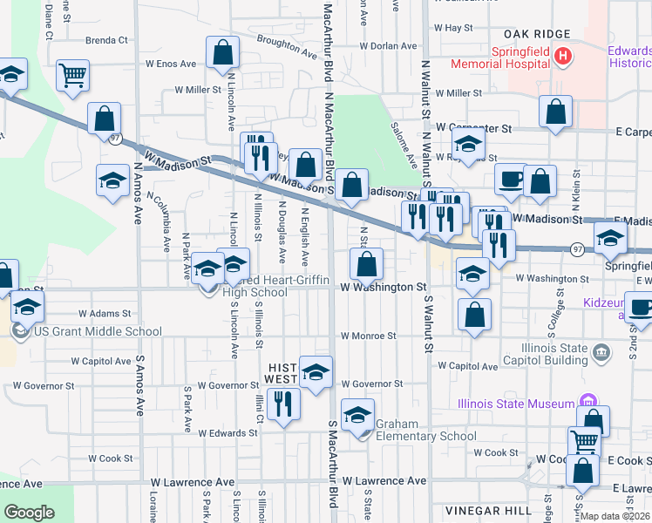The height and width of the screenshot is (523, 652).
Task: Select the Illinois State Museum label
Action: [x=516, y=403]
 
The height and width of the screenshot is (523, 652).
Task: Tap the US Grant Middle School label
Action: [x=97, y=331]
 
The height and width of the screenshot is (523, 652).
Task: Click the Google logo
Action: [x=29, y=513]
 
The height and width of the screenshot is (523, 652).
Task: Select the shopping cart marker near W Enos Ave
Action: [x=72, y=75]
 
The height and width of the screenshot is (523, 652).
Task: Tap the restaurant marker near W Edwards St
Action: [x=282, y=404]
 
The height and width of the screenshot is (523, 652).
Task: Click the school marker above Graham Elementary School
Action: [x=357, y=416]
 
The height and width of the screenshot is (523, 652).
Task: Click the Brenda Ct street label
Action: [x=106, y=40]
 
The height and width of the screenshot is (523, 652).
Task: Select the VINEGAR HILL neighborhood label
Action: [x=482, y=510]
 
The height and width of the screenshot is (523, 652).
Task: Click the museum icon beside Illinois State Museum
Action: [x=589, y=403]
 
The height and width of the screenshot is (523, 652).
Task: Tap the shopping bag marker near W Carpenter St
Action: [x=555, y=112]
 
